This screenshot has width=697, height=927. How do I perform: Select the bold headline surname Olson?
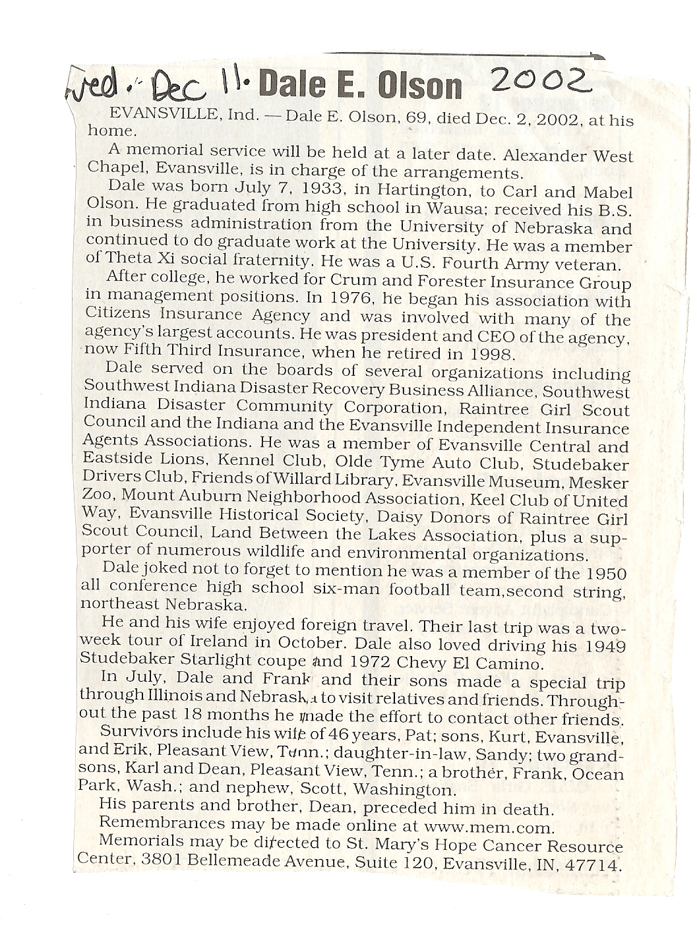[419, 87]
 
